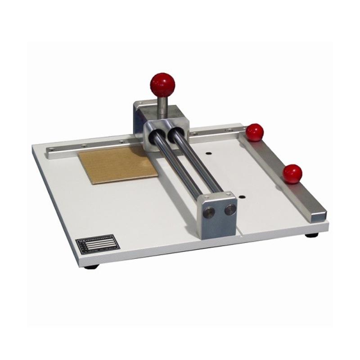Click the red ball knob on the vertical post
point(162,84)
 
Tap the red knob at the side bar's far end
point(255,132)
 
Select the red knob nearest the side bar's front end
point(292,174)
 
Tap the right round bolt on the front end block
point(230,209)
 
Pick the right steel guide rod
point(198,162)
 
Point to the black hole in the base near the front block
point(242,197)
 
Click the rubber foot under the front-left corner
point(91,266)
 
